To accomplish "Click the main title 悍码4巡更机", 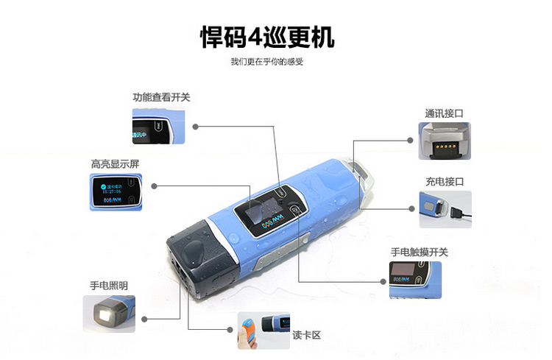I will pos(266,35).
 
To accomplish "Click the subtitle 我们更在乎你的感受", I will pos(266,62).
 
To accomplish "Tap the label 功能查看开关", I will pos(161,97).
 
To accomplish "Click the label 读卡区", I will pos(307,336).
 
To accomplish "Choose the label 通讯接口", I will pos(445,113).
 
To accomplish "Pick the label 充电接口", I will pos(445,181).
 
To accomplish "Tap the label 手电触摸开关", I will pos(420,252).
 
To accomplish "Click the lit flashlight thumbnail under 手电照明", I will pos(109,314).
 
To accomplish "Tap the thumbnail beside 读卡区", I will pos(263,331).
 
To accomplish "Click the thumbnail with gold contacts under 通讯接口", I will pos(445,141).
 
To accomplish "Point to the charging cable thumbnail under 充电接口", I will pos(445,209).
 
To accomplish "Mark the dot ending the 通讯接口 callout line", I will pos(411,139).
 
